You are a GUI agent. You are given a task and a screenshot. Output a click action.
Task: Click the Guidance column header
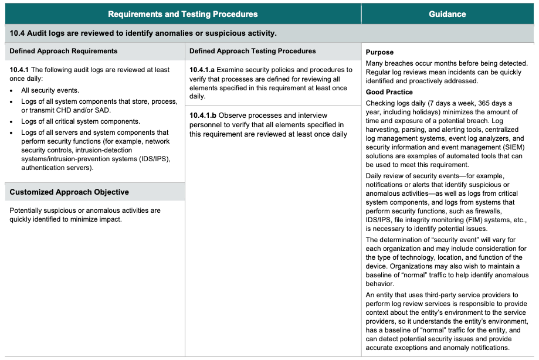[447, 14]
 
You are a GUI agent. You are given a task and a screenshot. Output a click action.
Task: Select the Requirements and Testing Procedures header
[182, 14]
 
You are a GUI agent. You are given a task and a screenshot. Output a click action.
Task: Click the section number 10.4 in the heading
[17, 33]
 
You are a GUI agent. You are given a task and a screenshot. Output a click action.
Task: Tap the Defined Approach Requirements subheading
[63, 52]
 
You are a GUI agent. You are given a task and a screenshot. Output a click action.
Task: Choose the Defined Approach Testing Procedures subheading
[253, 52]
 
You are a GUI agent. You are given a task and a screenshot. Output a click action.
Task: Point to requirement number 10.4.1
[19, 70]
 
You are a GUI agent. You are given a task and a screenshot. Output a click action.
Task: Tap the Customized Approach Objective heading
[69, 192]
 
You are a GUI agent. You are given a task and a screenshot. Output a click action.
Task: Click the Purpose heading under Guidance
[379, 53]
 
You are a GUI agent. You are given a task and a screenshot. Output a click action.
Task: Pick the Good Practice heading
[389, 92]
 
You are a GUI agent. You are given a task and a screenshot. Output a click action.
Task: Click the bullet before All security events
[12, 91]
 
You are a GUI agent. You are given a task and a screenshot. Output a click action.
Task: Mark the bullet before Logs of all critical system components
[12, 122]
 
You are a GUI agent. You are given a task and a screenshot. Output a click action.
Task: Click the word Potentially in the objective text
[28, 210]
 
